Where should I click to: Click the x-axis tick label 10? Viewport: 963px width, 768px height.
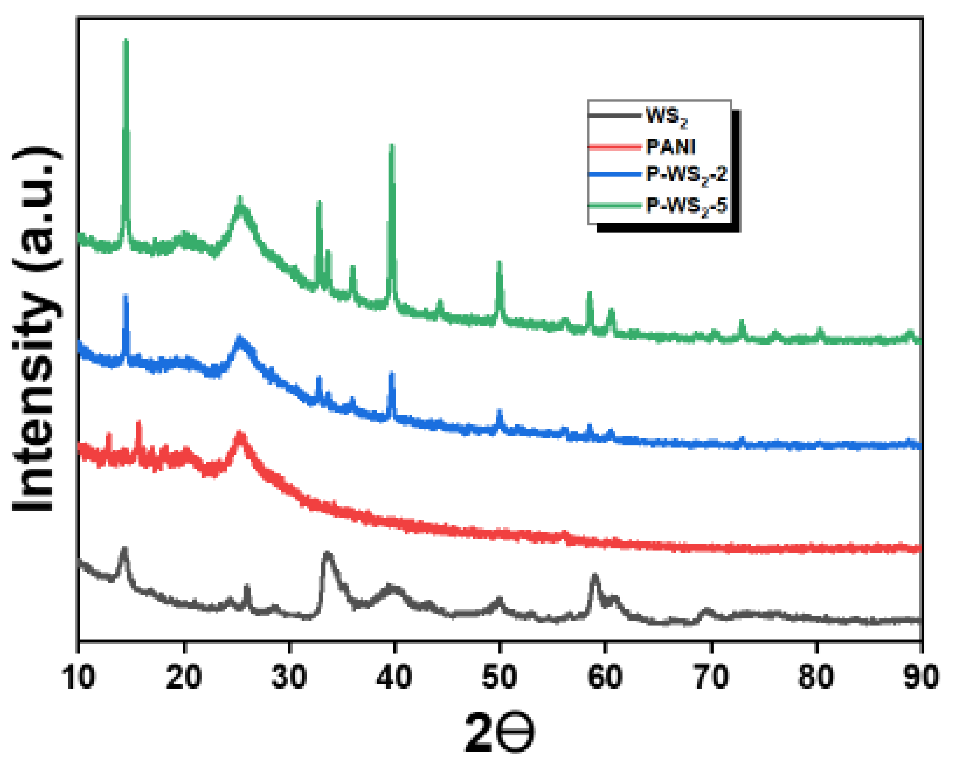pos(79,677)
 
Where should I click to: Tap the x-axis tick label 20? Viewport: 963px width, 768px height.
pos(184,677)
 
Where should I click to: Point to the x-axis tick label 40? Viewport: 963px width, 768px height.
pos(394,677)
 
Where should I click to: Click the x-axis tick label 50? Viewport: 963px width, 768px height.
pos(499,677)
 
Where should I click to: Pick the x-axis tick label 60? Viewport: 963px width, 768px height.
pos(605,677)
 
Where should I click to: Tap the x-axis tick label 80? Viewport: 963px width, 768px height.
pos(816,677)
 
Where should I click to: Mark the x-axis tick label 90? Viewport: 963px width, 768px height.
pos(921,677)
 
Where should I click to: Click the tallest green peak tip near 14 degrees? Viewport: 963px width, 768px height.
pos(126,42)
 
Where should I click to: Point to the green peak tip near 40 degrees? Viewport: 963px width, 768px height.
pos(392,146)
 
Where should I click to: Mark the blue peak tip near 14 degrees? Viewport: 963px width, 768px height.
pos(126,296)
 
